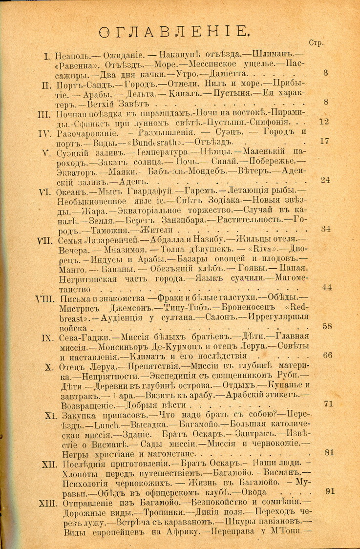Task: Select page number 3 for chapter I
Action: pyautogui.click(x=325, y=73)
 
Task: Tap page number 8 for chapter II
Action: pyautogui.click(x=325, y=102)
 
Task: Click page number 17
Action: pyautogui.click(x=324, y=141)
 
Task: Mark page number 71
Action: pyautogui.click(x=328, y=403)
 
